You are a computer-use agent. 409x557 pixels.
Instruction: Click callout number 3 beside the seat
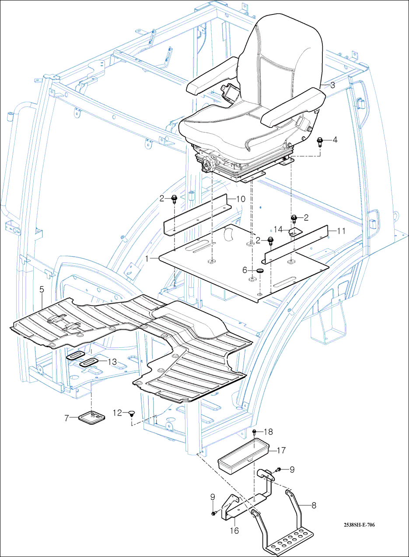click(332, 85)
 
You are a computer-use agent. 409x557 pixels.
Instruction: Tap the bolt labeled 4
click(320, 141)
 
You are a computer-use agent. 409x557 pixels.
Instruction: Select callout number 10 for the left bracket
click(241, 198)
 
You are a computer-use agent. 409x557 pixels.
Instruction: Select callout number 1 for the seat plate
click(149, 259)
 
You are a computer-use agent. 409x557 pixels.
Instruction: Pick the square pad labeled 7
click(92, 418)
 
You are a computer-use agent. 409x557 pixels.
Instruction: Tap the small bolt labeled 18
click(255, 433)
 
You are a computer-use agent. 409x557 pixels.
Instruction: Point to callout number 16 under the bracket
click(234, 530)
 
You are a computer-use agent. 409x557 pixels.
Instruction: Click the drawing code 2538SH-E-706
click(359, 525)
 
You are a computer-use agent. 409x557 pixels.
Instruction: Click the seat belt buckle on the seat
click(229, 92)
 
